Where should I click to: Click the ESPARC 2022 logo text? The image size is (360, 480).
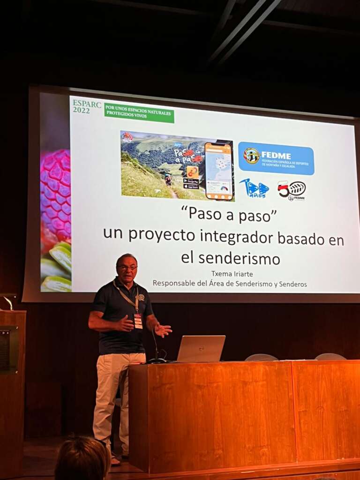point(87,107)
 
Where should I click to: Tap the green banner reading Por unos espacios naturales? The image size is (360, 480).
point(139,112)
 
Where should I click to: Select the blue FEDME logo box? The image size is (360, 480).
point(276,158)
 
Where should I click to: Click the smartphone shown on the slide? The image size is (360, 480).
point(218,171)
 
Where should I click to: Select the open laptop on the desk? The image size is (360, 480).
point(201,348)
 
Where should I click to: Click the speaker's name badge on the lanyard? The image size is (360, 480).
point(138,321)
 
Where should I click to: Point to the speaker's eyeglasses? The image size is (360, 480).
point(127,267)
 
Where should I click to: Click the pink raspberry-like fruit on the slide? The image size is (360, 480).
point(56,194)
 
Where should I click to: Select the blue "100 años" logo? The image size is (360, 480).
point(255,188)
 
